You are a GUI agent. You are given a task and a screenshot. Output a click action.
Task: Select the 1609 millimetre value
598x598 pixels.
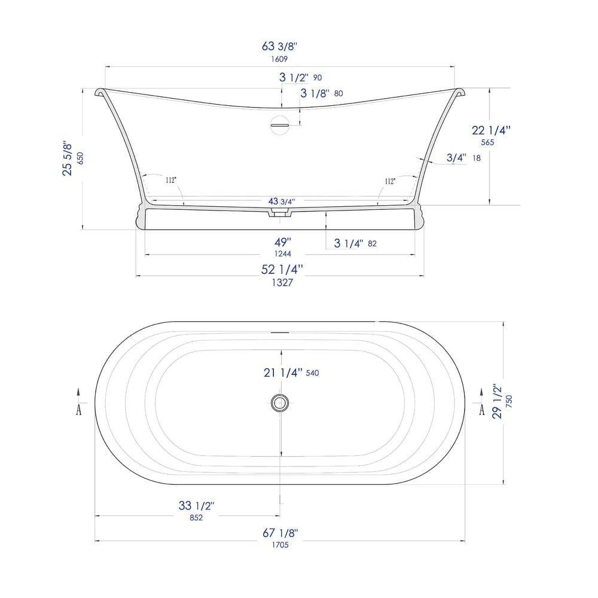(x=279, y=59)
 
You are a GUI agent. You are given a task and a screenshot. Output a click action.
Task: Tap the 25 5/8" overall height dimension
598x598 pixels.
(x=68, y=159)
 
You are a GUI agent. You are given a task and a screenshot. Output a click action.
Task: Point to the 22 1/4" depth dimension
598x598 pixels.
(x=493, y=130)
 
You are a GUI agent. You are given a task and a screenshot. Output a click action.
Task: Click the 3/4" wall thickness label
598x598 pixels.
(x=456, y=158)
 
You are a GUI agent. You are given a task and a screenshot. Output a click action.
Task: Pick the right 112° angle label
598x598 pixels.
(x=390, y=180)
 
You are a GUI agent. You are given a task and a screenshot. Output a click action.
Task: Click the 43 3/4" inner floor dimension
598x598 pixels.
(x=280, y=202)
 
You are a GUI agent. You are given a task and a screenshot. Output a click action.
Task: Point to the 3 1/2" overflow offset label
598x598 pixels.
(x=294, y=77)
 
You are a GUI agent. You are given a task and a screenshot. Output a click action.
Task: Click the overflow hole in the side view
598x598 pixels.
(x=279, y=124)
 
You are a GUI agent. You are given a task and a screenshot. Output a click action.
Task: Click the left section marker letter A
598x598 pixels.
(x=78, y=410)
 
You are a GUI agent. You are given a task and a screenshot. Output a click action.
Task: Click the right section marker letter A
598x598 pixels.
(x=481, y=410)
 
